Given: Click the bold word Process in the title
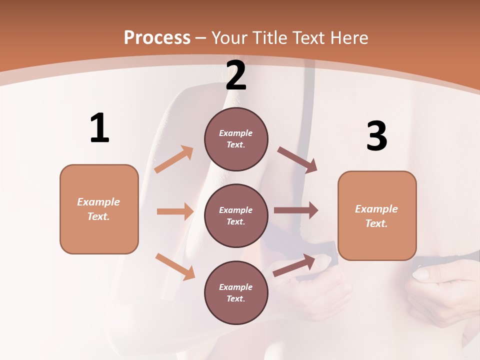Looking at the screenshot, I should tap(157, 37).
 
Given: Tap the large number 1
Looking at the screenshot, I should tap(99, 128).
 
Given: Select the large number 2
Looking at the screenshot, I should tap(236, 75).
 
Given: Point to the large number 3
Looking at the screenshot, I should tap(376, 136).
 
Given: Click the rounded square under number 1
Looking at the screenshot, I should tap(99, 209).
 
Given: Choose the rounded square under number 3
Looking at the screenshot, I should tap(377, 215).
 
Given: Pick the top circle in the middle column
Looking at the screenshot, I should tap(236, 139).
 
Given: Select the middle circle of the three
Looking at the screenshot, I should tap(236, 215).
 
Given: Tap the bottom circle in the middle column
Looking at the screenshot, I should tap(236, 292).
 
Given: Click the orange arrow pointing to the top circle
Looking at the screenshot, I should tap(174, 159).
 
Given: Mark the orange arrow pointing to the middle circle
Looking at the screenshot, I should tap(175, 211).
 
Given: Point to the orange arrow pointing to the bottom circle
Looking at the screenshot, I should tap(175, 266).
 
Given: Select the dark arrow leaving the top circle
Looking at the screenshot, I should tap(297, 159).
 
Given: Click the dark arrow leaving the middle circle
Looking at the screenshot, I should tap(296, 210).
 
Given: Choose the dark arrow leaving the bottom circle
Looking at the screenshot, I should tap(294, 265).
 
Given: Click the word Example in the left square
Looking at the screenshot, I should tap(98, 202).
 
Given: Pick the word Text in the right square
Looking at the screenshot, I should tap(375, 223).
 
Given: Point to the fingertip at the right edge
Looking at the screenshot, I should tap(419, 274).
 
